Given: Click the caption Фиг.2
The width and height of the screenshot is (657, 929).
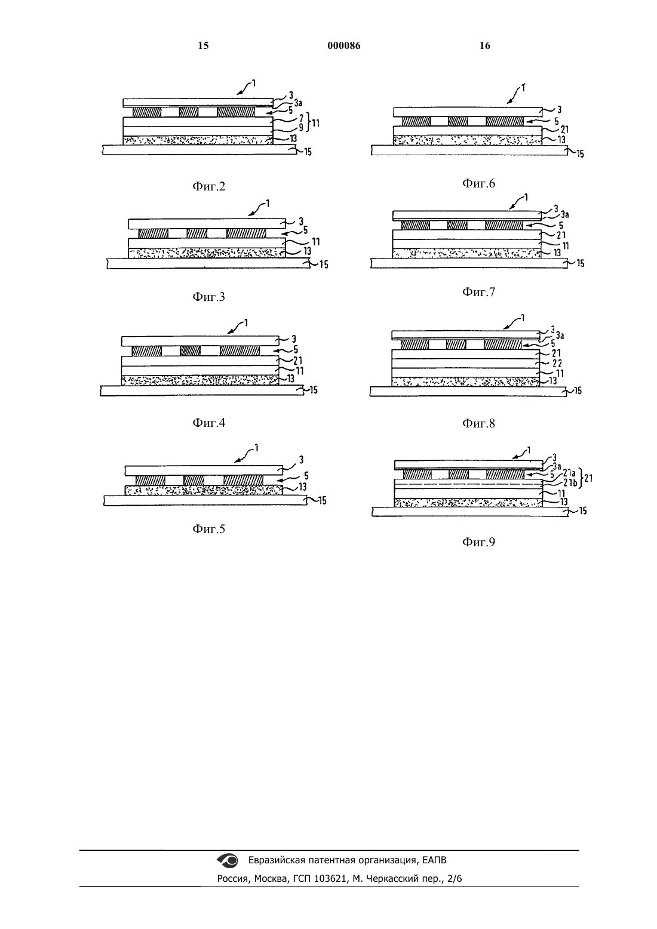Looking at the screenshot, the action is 208,187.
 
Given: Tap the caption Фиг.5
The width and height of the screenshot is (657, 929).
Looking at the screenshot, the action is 208,529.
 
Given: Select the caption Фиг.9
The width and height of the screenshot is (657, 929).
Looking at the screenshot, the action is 478,542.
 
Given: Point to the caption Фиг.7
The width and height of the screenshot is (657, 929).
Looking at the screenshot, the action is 478,292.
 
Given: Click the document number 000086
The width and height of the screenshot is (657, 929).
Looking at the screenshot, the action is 344,45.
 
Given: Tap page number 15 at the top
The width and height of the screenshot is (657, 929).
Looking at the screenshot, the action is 203,45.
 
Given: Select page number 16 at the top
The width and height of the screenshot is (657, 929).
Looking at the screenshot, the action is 485,45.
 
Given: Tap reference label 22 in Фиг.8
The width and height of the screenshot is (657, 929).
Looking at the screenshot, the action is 557,364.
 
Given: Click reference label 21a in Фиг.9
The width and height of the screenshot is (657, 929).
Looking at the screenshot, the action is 569,474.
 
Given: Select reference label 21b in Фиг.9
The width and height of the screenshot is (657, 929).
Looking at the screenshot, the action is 570,483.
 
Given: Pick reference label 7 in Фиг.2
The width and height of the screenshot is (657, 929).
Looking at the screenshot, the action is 302,119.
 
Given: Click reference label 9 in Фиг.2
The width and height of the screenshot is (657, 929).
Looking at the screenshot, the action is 301,128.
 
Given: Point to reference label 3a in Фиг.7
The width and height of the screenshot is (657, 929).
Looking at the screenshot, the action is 564,214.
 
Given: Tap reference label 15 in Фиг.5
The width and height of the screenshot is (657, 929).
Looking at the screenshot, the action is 323,500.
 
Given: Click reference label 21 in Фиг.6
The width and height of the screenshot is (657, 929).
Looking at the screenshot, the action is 564,130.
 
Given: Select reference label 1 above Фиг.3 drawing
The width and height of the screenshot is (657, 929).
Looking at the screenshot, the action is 268,203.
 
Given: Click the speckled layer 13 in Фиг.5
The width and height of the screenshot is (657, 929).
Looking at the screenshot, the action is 204,490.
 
